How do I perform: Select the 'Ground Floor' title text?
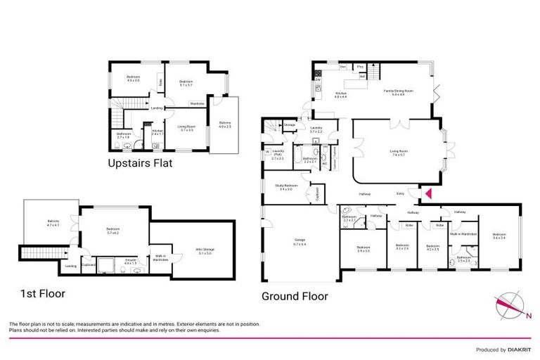tap(295, 296)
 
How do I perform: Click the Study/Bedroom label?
tap(286, 187)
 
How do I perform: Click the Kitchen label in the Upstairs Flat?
tap(157, 131)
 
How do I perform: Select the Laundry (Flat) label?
tap(278, 157)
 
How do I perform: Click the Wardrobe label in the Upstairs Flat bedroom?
tap(197, 103)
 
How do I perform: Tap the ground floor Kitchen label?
tap(341, 95)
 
